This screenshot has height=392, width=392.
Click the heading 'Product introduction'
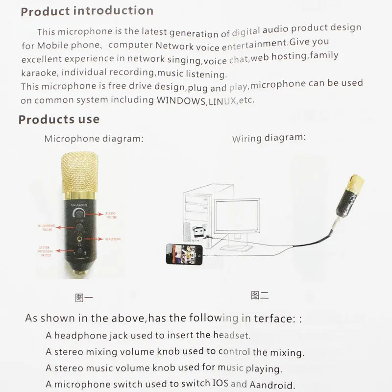pos(87,11)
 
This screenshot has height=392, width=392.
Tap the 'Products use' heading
pos(59,119)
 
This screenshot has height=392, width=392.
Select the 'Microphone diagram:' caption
pos(94,139)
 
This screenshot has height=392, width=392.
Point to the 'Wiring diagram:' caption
pos(269,138)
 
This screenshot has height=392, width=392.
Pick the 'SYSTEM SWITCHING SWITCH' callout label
pos(46,252)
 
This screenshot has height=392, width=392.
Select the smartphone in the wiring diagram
pos(184,254)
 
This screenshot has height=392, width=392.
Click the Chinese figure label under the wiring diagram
pos(259,295)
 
